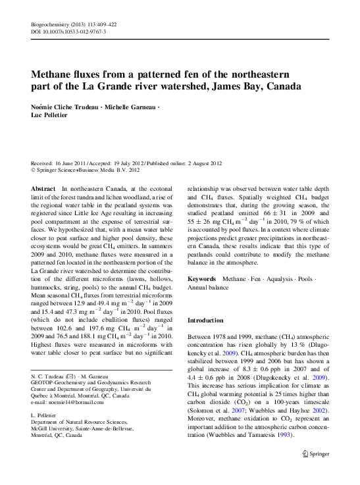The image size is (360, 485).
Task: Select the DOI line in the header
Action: tap(69, 31)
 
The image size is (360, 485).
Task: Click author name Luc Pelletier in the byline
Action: tap(52, 116)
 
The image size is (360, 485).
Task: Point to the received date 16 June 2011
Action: tap(73, 163)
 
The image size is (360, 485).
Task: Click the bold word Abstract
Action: tap(43, 188)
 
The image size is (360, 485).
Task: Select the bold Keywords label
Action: tap(202, 279)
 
